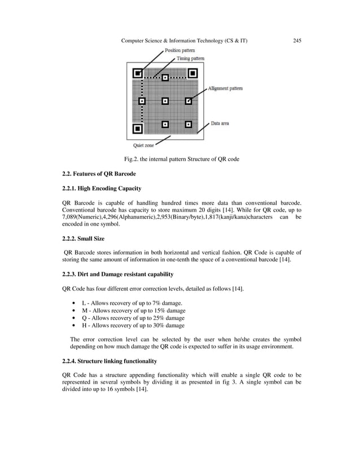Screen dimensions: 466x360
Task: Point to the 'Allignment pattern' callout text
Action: click(225, 89)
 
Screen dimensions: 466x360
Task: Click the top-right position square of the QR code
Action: click(192, 73)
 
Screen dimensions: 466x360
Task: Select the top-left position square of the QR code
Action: click(137, 73)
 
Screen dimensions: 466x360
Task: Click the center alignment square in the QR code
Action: click(165, 102)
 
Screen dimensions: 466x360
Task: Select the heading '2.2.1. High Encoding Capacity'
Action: click(102, 188)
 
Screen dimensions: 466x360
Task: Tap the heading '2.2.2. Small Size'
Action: click(83, 239)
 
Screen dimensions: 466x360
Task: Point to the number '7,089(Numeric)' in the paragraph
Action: click(83, 217)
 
